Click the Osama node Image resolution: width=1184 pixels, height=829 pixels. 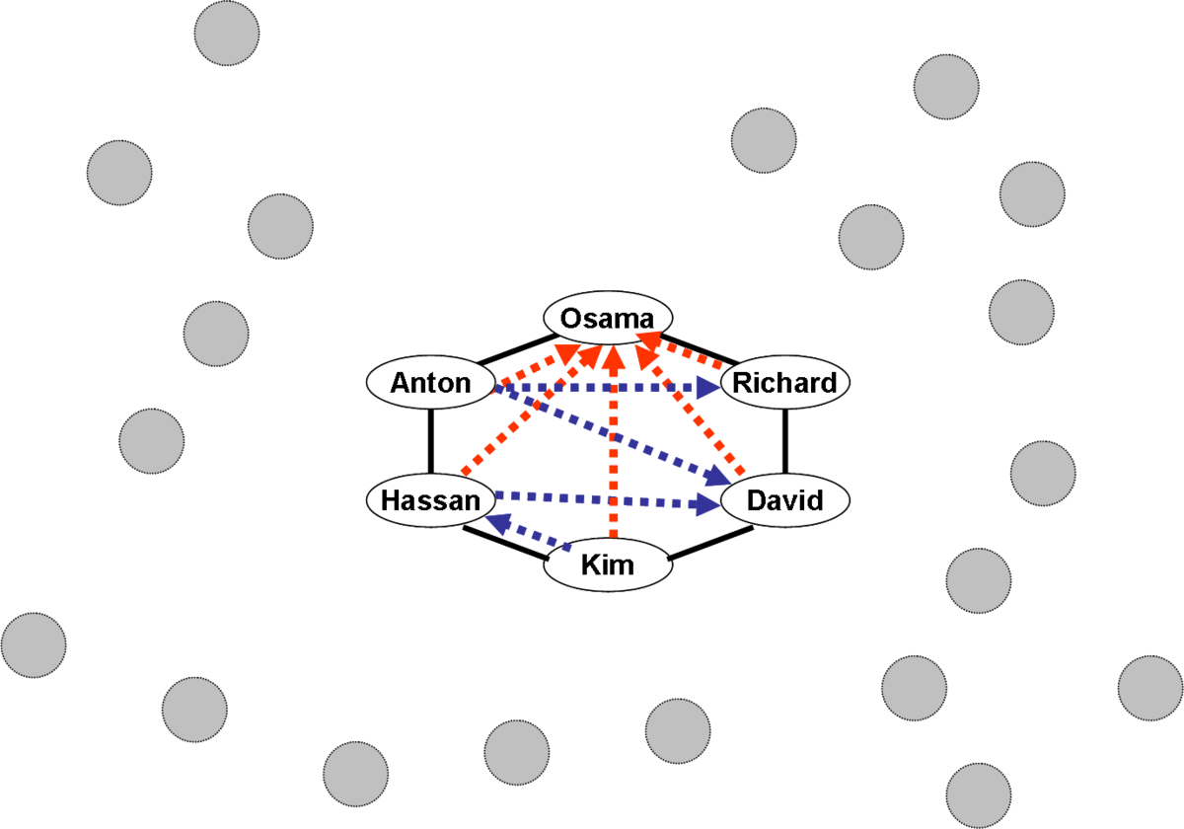[x=608, y=318]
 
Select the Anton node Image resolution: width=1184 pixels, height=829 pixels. [x=430, y=383]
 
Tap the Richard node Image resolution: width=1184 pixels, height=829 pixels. [x=785, y=383]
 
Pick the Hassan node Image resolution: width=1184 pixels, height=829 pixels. [x=430, y=500]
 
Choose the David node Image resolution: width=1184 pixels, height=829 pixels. [x=785, y=500]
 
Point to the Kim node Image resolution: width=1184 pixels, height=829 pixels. [x=608, y=565]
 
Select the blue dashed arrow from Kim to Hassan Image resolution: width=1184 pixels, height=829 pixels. [x=533, y=533]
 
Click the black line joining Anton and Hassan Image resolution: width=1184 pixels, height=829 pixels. [x=431, y=441]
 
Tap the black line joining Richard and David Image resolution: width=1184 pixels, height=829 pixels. [x=786, y=441]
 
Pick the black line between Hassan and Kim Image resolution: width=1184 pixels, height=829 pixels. [x=503, y=543]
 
